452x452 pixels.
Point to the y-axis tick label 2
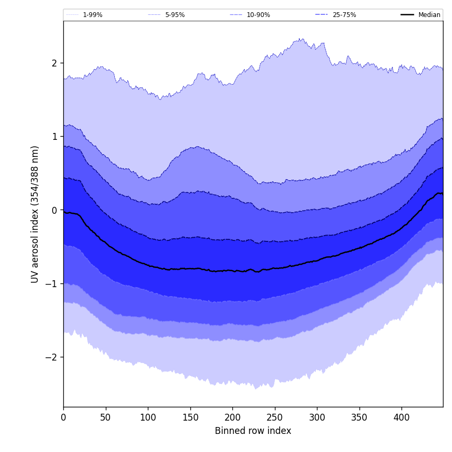pyautogui.click(x=54, y=63)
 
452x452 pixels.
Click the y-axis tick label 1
pyautogui.click(x=54, y=137)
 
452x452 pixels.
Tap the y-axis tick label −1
pyautogui.click(x=52, y=284)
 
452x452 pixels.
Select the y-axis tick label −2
pyautogui.click(x=52, y=357)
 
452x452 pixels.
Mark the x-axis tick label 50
pyautogui.click(x=106, y=418)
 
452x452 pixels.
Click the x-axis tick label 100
pyautogui.click(x=148, y=418)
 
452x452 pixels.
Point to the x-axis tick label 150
pyautogui.click(x=190, y=418)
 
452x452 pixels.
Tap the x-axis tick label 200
pyautogui.click(x=232, y=418)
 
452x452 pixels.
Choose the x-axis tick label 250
pyautogui.click(x=275, y=418)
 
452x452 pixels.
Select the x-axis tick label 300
pyautogui.click(x=317, y=418)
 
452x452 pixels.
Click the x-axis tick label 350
pyautogui.click(x=359, y=418)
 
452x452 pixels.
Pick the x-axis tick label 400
pyautogui.click(x=401, y=418)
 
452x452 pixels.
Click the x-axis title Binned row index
pyautogui.click(x=253, y=431)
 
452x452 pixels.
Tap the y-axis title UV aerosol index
pyautogui.click(x=35, y=214)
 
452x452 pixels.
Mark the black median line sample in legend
pyautogui.click(x=407, y=15)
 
